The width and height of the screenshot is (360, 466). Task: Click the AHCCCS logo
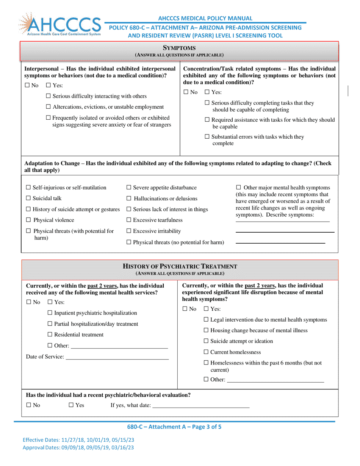coord(59,25)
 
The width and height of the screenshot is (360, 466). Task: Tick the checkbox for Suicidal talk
coord(28,198)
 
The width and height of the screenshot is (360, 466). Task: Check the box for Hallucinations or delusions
coord(129,199)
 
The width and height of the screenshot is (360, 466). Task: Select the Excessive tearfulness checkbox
coord(128,220)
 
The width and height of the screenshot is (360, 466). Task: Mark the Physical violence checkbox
coord(28,220)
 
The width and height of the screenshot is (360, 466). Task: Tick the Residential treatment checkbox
coord(50,335)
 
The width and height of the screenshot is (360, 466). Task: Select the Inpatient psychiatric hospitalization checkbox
coord(50,313)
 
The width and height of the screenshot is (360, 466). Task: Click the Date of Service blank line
coord(117,357)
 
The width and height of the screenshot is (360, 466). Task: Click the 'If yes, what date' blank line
coord(200,405)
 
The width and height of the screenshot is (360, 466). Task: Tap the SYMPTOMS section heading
coord(179,48)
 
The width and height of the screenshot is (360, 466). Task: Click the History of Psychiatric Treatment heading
coord(180,266)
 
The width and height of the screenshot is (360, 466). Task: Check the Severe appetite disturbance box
coord(128,188)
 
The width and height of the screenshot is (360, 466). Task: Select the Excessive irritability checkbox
coord(128,231)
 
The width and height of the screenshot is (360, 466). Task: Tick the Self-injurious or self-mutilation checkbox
coord(28,188)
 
